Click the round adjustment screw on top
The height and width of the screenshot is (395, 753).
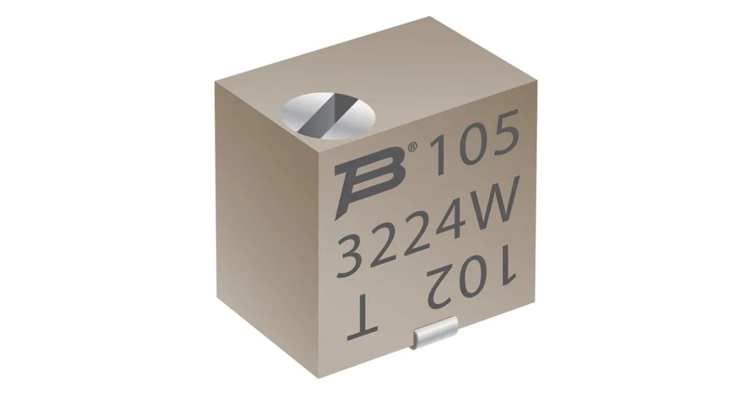click(x=319, y=116)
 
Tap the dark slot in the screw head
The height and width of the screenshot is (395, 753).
click(x=320, y=117)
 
